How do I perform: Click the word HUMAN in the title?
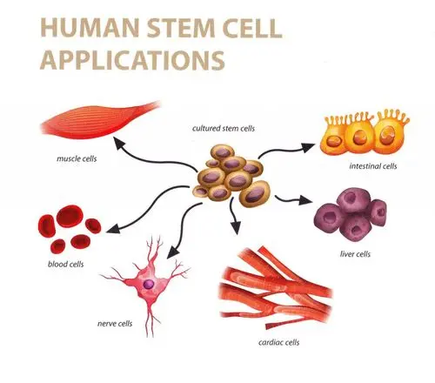(x=90, y=28)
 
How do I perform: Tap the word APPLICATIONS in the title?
(x=132, y=60)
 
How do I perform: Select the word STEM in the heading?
(x=181, y=28)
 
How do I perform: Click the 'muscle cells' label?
(x=77, y=158)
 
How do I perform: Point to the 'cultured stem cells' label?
(x=224, y=128)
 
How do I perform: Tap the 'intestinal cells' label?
(x=373, y=166)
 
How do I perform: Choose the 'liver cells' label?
(x=355, y=254)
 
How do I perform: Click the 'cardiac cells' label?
(x=278, y=342)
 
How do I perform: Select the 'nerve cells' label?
(x=115, y=323)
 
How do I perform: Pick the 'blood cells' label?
(x=66, y=264)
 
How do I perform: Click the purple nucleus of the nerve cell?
(x=149, y=284)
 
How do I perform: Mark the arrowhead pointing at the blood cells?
(x=113, y=229)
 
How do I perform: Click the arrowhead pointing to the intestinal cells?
(x=307, y=147)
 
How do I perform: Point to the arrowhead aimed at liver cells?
(x=304, y=200)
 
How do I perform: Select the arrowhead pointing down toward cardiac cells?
(x=236, y=227)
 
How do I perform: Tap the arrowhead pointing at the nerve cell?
(x=172, y=252)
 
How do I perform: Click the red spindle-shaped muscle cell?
(x=99, y=120)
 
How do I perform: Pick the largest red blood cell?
(x=70, y=216)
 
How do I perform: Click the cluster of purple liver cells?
(x=351, y=215)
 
